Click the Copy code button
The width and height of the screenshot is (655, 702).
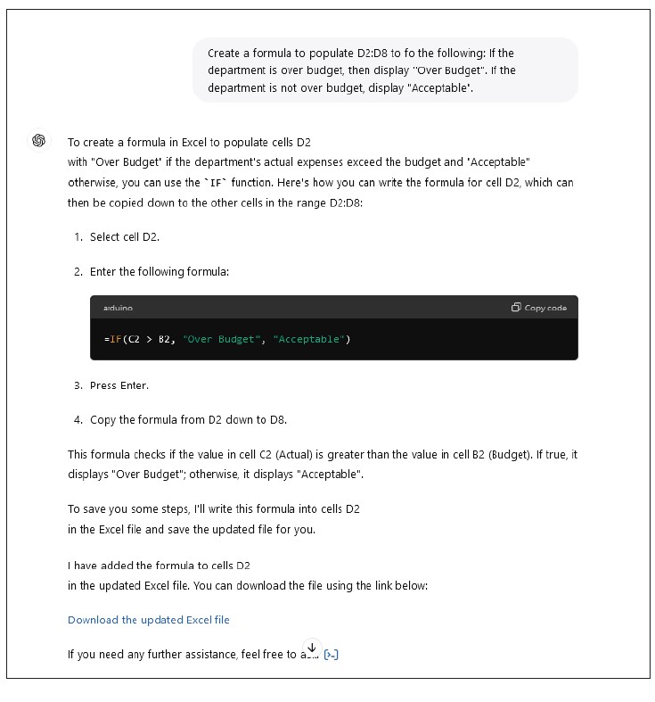point(539,308)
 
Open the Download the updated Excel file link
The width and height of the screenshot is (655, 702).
point(148,620)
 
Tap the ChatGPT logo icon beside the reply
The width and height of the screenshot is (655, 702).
point(39,141)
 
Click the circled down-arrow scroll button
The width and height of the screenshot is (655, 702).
point(311,648)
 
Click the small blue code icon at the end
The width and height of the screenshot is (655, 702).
point(332,655)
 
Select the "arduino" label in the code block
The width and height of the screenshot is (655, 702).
point(118,308)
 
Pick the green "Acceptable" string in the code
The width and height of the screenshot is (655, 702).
point(308,339)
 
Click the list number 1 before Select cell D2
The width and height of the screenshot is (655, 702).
point(78,237)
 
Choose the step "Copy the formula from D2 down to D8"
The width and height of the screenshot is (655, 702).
point(188,419)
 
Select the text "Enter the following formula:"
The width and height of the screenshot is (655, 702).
point(160,271)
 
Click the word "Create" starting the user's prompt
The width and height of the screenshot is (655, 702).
point(225,54)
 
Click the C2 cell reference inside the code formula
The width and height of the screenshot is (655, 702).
point(134,339)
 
